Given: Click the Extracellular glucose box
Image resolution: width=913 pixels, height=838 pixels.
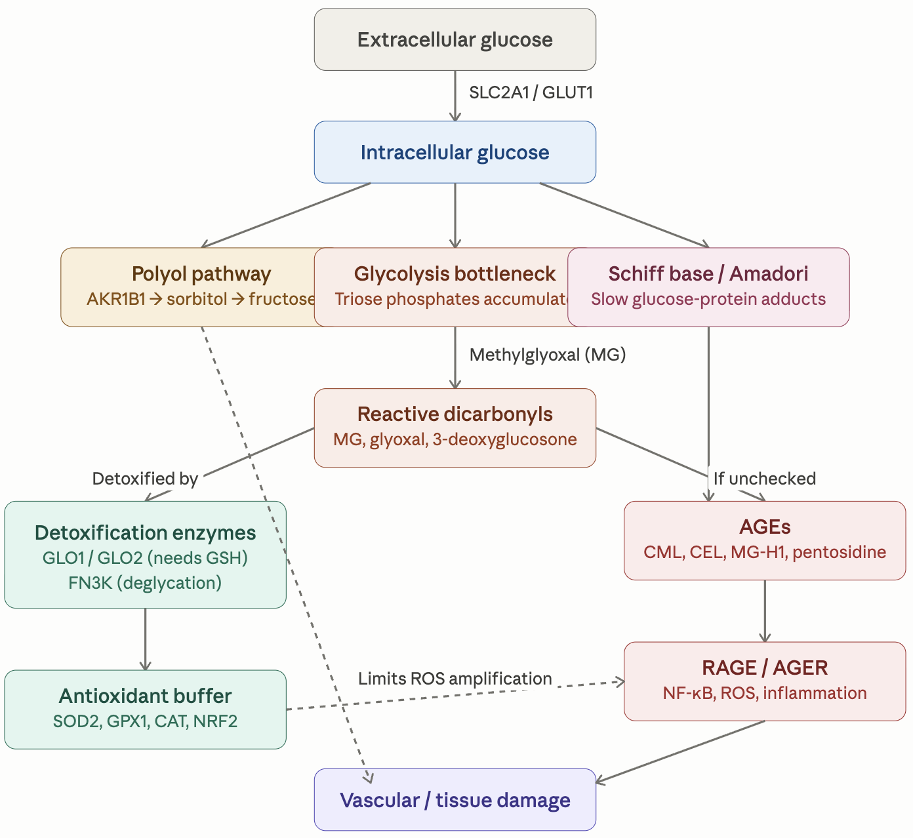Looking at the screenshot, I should click(x=455, y=39).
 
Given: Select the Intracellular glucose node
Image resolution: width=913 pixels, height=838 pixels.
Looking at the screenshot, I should click(x=455, y=152).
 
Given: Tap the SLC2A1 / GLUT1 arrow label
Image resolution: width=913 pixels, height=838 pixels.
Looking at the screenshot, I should click(x=531, y=92).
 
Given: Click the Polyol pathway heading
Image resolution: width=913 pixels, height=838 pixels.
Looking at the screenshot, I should click(x=201, y=273).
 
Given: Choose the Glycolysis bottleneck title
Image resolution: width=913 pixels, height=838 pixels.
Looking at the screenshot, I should click(x=455, y=273).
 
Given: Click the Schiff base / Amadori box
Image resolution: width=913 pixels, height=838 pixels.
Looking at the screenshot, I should click(x=708, y=287).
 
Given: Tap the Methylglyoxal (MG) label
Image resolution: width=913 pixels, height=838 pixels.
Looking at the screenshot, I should click(x=548, y=355).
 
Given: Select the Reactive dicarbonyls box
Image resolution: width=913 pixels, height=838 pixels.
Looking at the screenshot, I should click(x=455, y=428).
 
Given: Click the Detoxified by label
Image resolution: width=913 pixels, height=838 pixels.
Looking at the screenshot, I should click(x=145, y=479).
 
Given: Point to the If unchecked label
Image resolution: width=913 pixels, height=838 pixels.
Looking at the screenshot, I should click(x=765, y=479).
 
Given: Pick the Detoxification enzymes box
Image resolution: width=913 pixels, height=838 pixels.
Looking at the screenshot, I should click(x=145, y=554).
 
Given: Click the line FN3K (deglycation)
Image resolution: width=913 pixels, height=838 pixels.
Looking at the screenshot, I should click(x=145, y=583).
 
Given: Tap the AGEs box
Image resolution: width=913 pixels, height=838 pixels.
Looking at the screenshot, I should click(x=765, y=540).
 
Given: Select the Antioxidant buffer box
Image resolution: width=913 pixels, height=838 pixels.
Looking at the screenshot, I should click(x=145, y=709).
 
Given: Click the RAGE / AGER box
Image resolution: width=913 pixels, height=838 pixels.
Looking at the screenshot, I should click(x=765, y=681).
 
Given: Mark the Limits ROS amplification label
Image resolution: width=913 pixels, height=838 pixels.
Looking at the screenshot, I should click(x=455, y=679).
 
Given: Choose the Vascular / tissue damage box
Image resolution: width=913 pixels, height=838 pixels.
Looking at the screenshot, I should click(x=455, y=800).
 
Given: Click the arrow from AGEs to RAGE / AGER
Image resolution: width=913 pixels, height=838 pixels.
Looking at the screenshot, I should click(x=765, y=610).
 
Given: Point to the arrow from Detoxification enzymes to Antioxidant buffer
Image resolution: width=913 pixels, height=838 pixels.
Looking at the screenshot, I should click(x=145, y=639).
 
